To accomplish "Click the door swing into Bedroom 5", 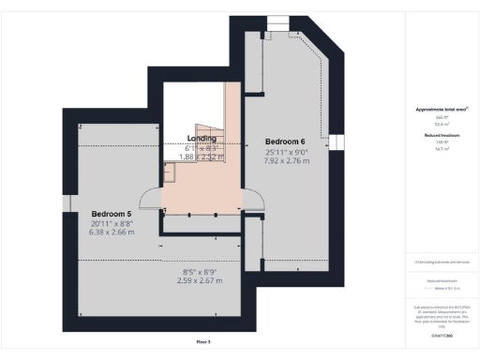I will (150, 197).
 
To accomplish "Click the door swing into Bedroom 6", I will (251, 198).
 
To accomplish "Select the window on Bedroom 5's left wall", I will (67, 205).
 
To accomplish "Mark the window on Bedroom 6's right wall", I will (330, 142).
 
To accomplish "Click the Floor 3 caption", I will (202, 343).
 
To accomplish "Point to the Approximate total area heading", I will (441, 110).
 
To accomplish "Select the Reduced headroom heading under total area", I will (441, 136).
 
